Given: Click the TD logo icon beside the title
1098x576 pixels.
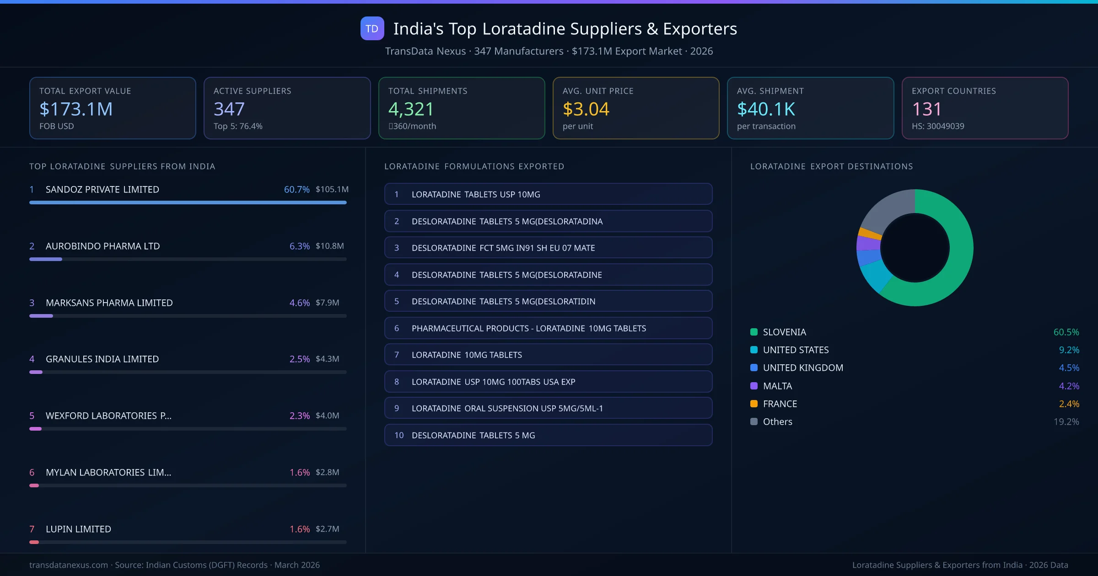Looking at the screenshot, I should click(372, 28).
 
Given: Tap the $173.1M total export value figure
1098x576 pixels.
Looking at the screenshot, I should click(76, 109).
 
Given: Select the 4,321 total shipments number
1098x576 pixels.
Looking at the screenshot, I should click(411, 109).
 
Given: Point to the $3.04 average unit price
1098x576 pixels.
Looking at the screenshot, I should click(586, 109).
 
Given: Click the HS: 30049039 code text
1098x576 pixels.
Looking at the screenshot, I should click(938, 126).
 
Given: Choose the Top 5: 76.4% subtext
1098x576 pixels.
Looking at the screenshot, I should click(238, 126).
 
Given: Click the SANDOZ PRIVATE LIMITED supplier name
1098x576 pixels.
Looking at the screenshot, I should click(102, 189).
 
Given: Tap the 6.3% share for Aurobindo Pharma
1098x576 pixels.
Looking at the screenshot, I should click(299, 246).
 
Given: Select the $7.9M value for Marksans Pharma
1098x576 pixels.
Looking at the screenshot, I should click(327, 303).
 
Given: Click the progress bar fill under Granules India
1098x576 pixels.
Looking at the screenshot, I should click(36, 372).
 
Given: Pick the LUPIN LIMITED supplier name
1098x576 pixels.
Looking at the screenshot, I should click(78, 529).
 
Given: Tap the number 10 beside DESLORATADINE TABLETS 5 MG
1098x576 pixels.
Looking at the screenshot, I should click(399, 435).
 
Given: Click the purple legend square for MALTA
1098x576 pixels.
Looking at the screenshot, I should click(754, 386).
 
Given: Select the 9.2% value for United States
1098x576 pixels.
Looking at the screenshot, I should click(1069, 350).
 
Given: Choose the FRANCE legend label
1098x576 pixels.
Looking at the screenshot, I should click(780, 404).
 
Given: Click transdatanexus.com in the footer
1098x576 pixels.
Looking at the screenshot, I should click(69, 565).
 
